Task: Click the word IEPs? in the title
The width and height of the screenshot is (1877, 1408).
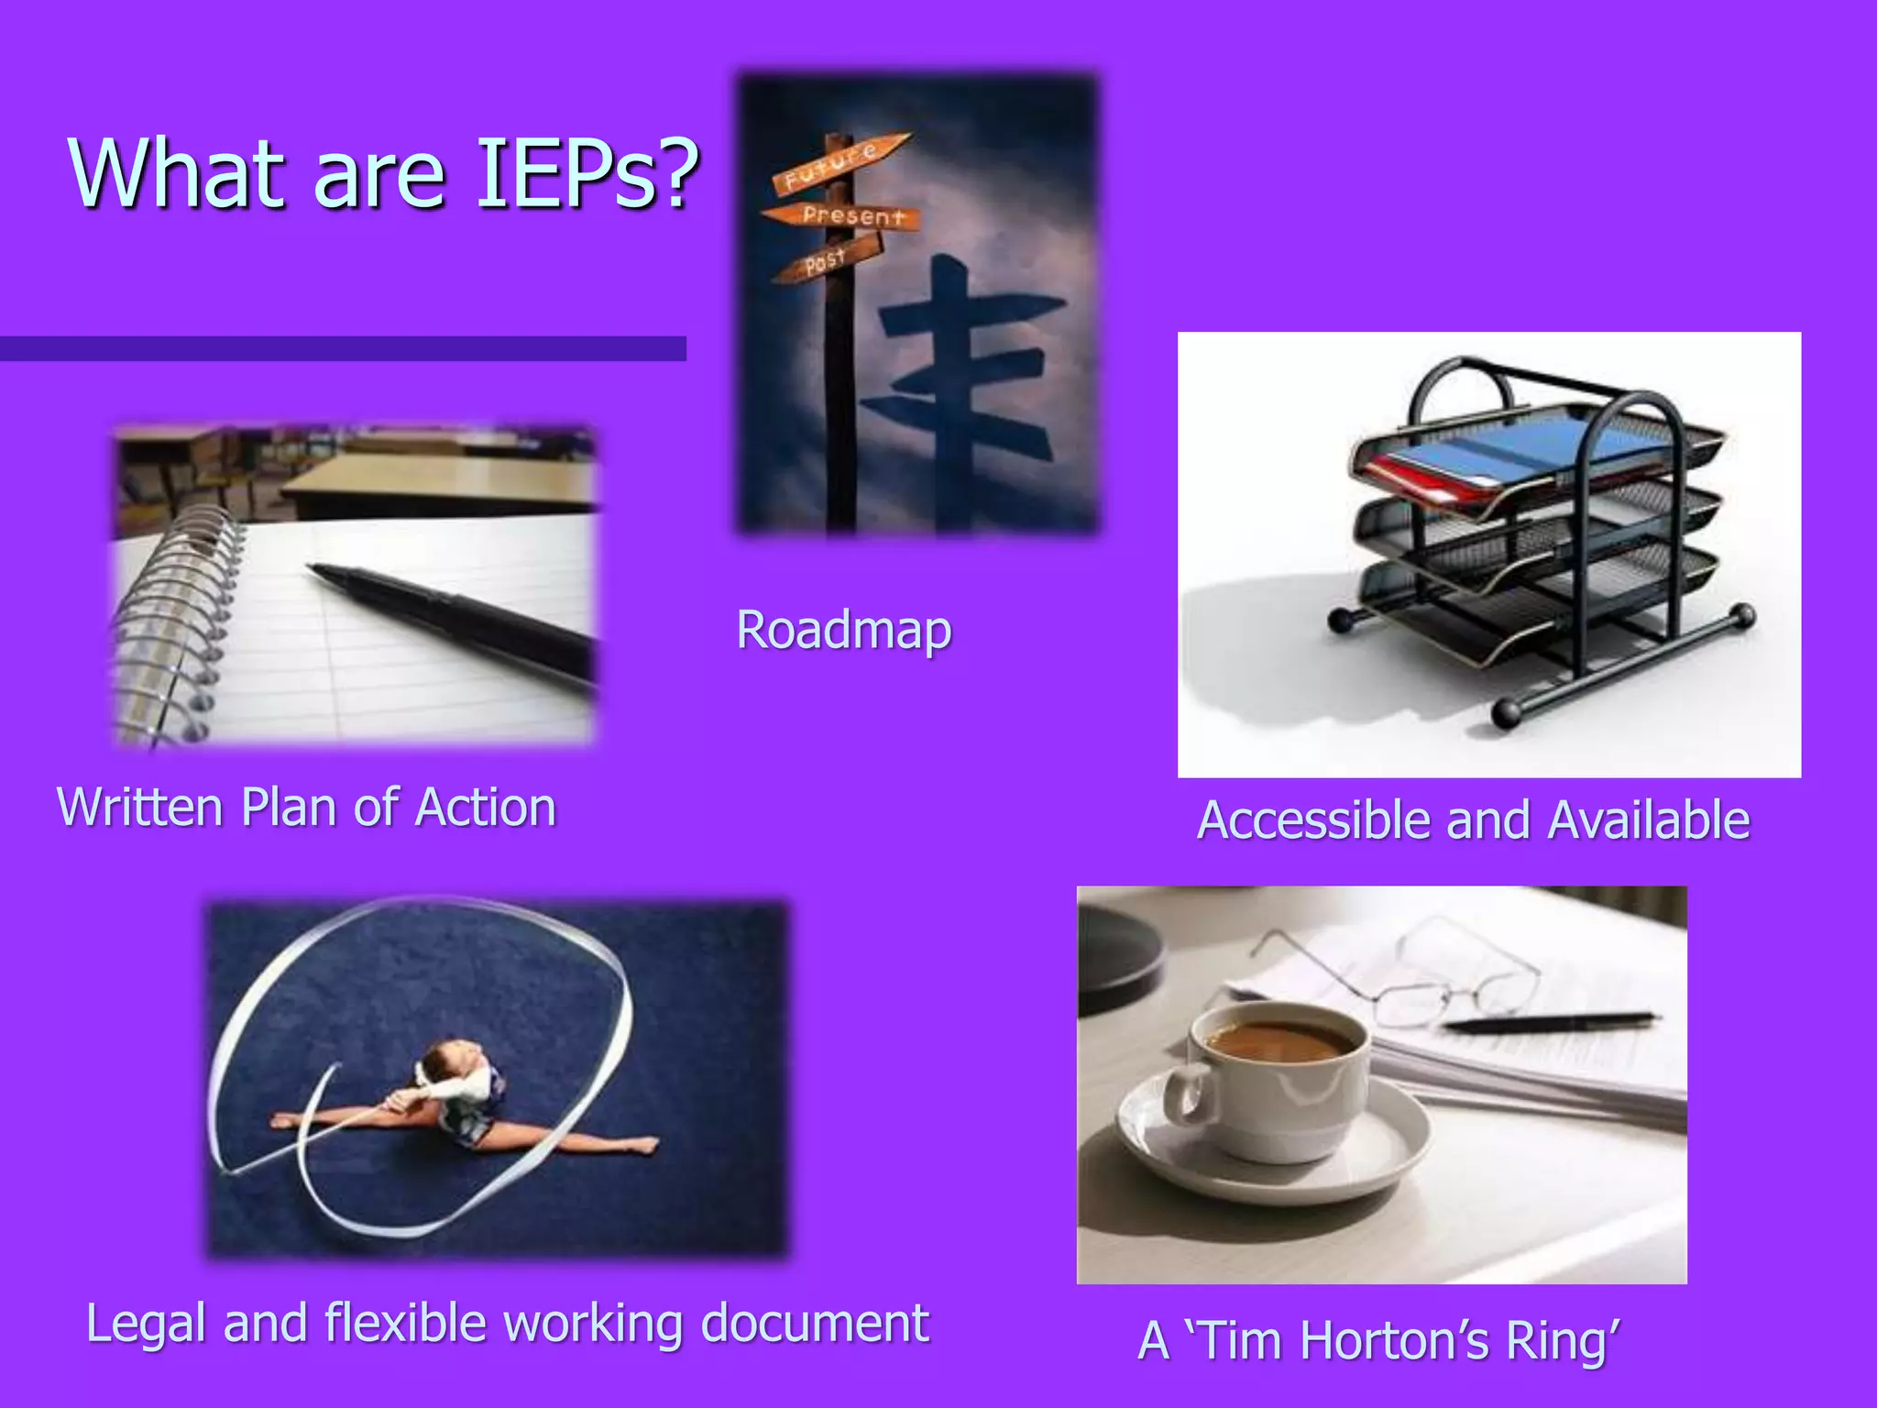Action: click(587, 174)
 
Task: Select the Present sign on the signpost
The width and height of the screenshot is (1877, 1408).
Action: click(848, 216)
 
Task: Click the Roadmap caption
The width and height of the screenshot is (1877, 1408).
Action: click(844, 631)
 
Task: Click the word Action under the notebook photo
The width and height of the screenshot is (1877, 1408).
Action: click(486, 808)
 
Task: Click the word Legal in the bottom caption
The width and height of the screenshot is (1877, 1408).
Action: click(145, 1324)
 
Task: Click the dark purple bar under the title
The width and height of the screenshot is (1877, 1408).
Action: click(343, 348)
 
